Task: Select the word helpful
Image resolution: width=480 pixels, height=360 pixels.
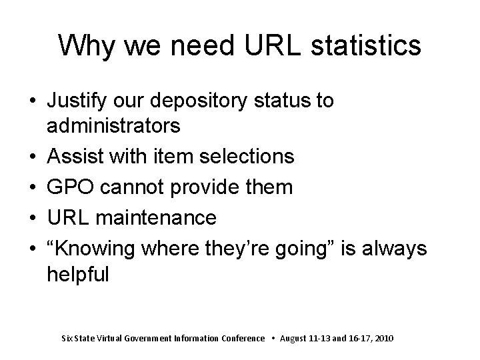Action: coord(77,274)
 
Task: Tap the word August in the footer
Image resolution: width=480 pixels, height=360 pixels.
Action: coord(295,339)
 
